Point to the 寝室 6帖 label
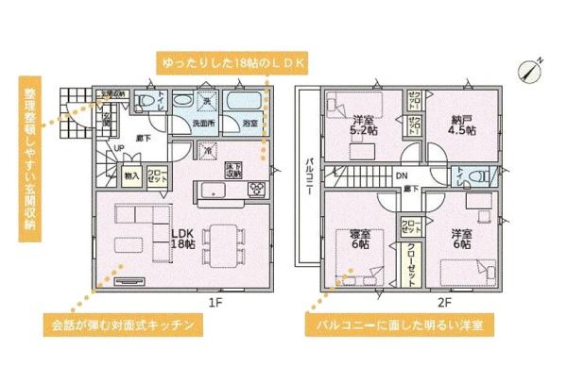pos(359,239)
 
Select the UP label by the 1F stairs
pos(119,149)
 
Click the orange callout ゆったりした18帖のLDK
pos(231,61)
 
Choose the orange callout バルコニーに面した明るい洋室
pos(401,325)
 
